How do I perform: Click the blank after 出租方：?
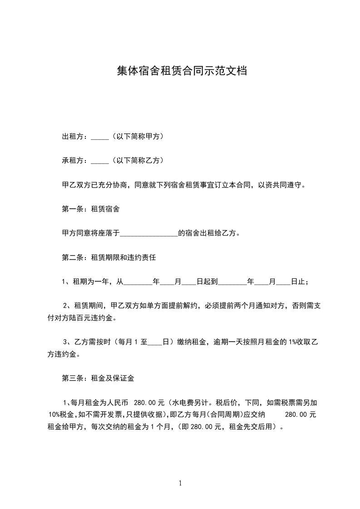click(x=99, y=137)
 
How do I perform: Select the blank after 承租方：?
click(x=99, y=161)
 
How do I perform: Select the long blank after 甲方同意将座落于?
click(x=149, y=234)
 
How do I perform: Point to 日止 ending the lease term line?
click(x=297, y=282)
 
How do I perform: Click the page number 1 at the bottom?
click(x=180, y=483)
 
